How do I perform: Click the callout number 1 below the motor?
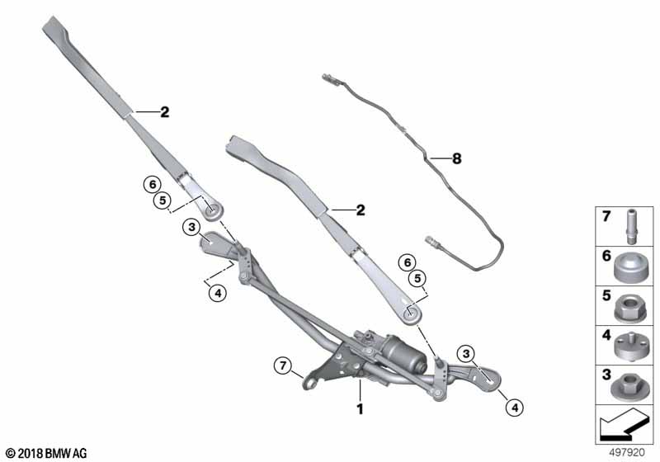[x=359, y=408]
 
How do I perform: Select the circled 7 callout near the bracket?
[x=283, y=365]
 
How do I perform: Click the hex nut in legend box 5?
[x=629, y=304]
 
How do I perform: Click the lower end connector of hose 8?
[x=434, y=242]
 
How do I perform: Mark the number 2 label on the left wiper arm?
[x=164, y=112]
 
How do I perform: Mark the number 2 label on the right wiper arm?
[x=360, y=210]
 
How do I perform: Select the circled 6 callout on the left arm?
[x=151, y=183]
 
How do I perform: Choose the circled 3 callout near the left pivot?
[x=191, y=227]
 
